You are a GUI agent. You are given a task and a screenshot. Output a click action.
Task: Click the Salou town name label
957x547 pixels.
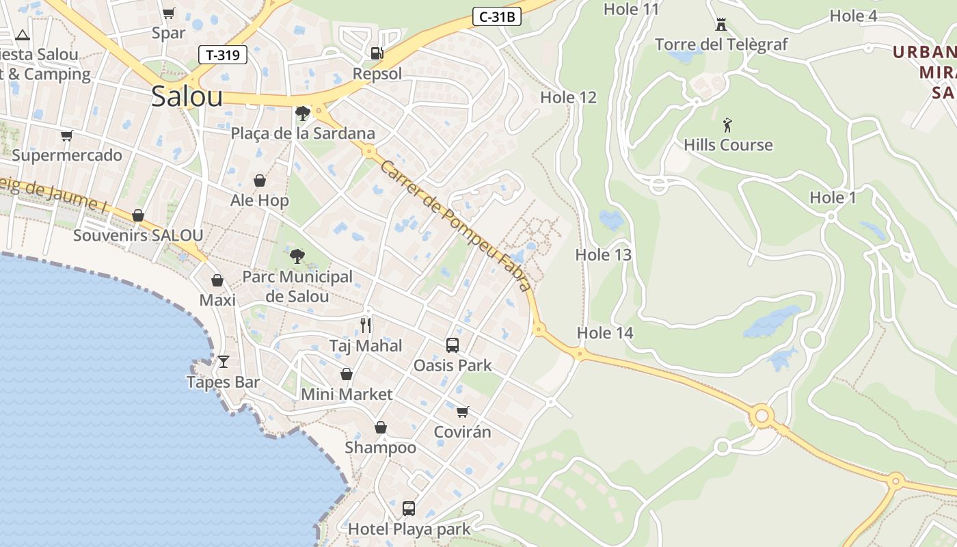pos(187,96)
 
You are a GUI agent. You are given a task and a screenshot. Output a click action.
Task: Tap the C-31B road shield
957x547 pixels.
pos(497,17)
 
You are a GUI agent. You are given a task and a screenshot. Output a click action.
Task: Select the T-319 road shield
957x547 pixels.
pos(223,55)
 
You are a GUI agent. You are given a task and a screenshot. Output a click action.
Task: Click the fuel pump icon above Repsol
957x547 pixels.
pos(377,53)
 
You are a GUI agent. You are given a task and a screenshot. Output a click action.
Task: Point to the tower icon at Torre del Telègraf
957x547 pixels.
pos(720,25)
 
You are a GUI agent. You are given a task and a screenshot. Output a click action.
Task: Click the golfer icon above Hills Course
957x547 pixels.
pos(727,125)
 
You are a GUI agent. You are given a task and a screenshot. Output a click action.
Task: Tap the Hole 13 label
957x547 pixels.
pos(603,255)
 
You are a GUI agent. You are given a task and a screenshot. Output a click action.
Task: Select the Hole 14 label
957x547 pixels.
pos(605,333)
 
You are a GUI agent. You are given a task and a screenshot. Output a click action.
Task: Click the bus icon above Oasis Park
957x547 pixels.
pos(452,345)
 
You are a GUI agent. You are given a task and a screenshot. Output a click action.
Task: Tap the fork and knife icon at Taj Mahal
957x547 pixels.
pos(366,325)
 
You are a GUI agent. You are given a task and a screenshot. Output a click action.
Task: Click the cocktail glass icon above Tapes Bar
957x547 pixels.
pos(224,361)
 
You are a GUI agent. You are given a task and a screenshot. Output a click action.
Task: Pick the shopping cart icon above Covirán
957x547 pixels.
pos(463,412)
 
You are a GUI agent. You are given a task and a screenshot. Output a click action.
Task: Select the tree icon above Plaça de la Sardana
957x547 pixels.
pos(302,113)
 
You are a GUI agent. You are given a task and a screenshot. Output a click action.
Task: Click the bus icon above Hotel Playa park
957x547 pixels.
pos(409,509)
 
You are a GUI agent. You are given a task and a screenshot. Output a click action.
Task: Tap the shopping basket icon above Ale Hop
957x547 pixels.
pos(260,181)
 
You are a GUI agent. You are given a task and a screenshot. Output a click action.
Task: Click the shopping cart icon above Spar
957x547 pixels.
pos(169,13)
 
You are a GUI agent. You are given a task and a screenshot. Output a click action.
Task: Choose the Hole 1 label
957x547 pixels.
pos(833,198)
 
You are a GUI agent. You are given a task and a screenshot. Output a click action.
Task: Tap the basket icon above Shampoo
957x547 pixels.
pos(381,427)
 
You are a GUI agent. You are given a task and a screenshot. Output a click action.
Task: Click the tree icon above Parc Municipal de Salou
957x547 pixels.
pos(297,256)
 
